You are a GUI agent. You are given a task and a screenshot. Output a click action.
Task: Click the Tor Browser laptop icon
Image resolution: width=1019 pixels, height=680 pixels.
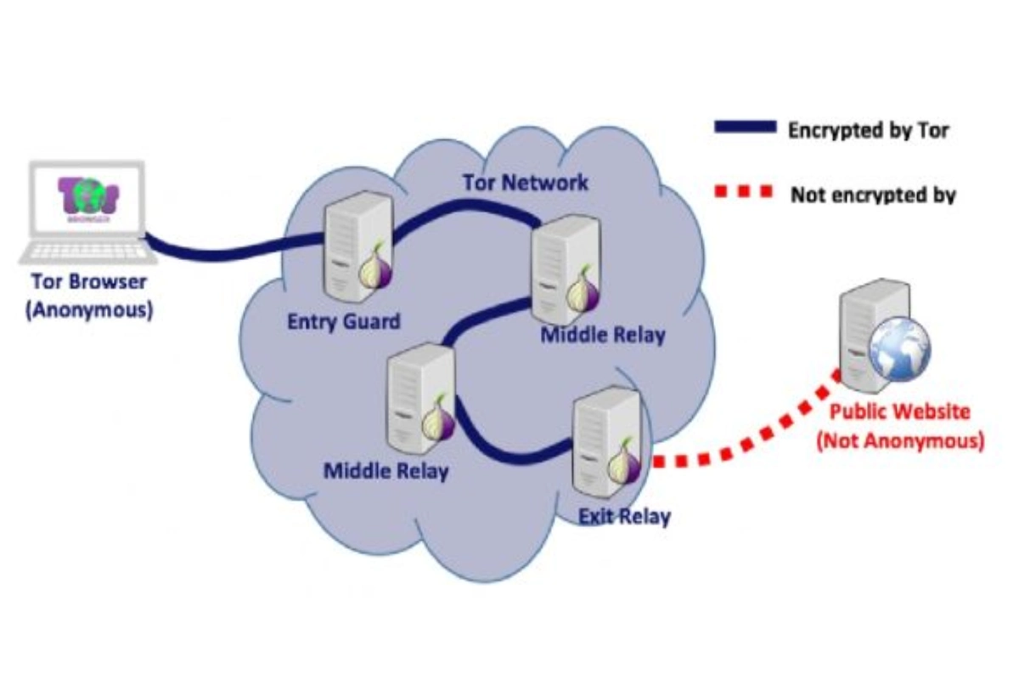point(87,212)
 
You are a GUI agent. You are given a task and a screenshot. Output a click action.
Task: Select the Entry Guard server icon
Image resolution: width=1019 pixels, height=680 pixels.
point(357,246)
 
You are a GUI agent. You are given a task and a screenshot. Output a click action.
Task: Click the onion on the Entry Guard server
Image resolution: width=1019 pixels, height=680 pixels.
point(374,270)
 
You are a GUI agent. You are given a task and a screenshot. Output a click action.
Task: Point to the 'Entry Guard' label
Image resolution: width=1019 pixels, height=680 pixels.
point(344,321)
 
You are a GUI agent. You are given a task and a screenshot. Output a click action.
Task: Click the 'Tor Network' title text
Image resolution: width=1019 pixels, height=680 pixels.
point(526,183)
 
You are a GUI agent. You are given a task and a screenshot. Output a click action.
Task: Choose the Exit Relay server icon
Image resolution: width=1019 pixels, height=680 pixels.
point(607,443)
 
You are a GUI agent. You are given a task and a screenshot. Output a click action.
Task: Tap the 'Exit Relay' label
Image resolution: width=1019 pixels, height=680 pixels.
point(624,517)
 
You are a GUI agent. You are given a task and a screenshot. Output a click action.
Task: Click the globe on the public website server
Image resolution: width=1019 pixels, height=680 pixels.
point(899,349)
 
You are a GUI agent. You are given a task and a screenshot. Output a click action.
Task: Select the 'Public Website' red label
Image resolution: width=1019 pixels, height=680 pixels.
point(900,411)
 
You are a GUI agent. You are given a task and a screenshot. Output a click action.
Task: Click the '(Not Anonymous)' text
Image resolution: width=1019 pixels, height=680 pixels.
point(900,441)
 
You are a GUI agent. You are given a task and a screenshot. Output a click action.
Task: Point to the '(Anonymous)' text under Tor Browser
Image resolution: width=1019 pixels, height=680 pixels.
point(89,310)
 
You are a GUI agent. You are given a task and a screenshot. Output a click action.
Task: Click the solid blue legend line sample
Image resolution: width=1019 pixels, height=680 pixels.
point(746,127)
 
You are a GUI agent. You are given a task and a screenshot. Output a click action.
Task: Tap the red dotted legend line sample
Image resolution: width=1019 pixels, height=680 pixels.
point(743,191)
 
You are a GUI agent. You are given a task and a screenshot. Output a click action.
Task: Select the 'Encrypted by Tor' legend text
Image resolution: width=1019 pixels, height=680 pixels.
point(869,130)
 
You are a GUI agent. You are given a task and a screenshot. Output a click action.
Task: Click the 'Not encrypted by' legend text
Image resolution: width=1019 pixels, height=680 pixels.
point(874,195)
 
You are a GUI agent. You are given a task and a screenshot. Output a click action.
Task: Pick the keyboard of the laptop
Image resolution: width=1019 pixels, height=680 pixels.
point(87,252)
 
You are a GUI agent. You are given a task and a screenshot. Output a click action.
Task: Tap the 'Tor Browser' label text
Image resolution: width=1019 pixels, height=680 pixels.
point(89,281)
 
